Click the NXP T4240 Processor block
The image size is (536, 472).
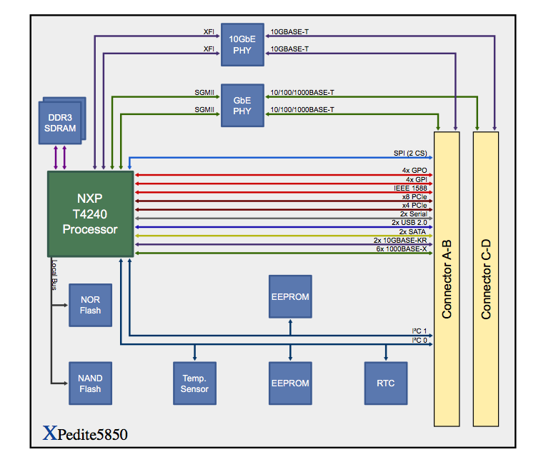(90, 214)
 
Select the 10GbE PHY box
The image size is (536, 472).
(242, 45)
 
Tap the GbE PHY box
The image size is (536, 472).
(242, 106)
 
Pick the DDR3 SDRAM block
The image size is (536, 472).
(61, 122)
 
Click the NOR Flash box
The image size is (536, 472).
(90, 305)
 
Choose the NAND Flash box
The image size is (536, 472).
(90, 383)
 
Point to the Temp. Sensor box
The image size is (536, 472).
(194, 383)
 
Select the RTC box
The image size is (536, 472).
(387, 383)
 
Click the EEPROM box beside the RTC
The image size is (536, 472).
(290, 383)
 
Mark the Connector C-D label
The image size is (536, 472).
(486, 278)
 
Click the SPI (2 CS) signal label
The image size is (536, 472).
(410, 154)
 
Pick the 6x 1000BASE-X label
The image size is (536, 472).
(402, 248)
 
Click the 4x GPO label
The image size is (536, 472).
(415, 171)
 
